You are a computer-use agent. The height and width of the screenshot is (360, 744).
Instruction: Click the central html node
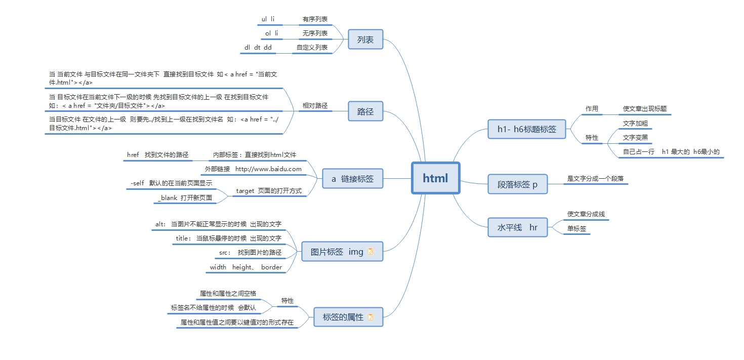coord(435,178)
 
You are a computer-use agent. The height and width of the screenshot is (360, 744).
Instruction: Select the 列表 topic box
coord(365,39)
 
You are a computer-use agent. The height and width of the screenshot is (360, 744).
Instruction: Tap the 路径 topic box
coord(365,111)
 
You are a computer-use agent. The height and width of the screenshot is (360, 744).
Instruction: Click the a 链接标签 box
coord(353,179)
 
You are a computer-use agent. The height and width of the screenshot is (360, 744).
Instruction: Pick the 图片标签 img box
coord(337,252)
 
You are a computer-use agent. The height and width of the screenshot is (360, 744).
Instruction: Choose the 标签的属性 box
coord(343,317)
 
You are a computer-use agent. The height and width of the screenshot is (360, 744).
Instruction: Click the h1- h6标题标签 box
coord(526,129)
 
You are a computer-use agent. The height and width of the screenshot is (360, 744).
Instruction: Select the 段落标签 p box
coord(518,185)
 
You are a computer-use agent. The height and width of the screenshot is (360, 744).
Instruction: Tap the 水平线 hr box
coord(518,227)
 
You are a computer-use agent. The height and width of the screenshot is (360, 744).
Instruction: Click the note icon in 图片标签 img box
coord(370,252)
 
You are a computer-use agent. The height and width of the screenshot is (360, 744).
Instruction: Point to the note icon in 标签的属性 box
coord(370,317)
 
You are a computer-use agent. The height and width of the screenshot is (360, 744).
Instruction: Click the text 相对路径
coord(315,106)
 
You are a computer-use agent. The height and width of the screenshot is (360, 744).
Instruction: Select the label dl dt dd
coord(258,48)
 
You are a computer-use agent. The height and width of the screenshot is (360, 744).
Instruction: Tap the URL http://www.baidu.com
coord(268,169)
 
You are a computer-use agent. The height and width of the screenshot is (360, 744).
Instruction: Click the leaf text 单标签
coord(576,229)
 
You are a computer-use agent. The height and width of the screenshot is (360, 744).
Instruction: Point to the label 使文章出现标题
coord(644,109)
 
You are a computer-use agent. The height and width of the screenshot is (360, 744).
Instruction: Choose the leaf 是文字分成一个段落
coord(595,179)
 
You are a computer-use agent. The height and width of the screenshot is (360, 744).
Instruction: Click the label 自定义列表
coord(312,48)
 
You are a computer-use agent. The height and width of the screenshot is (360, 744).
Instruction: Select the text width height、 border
coord(246,267)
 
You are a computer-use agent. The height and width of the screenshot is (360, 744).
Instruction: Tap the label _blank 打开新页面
coord(185,198)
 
